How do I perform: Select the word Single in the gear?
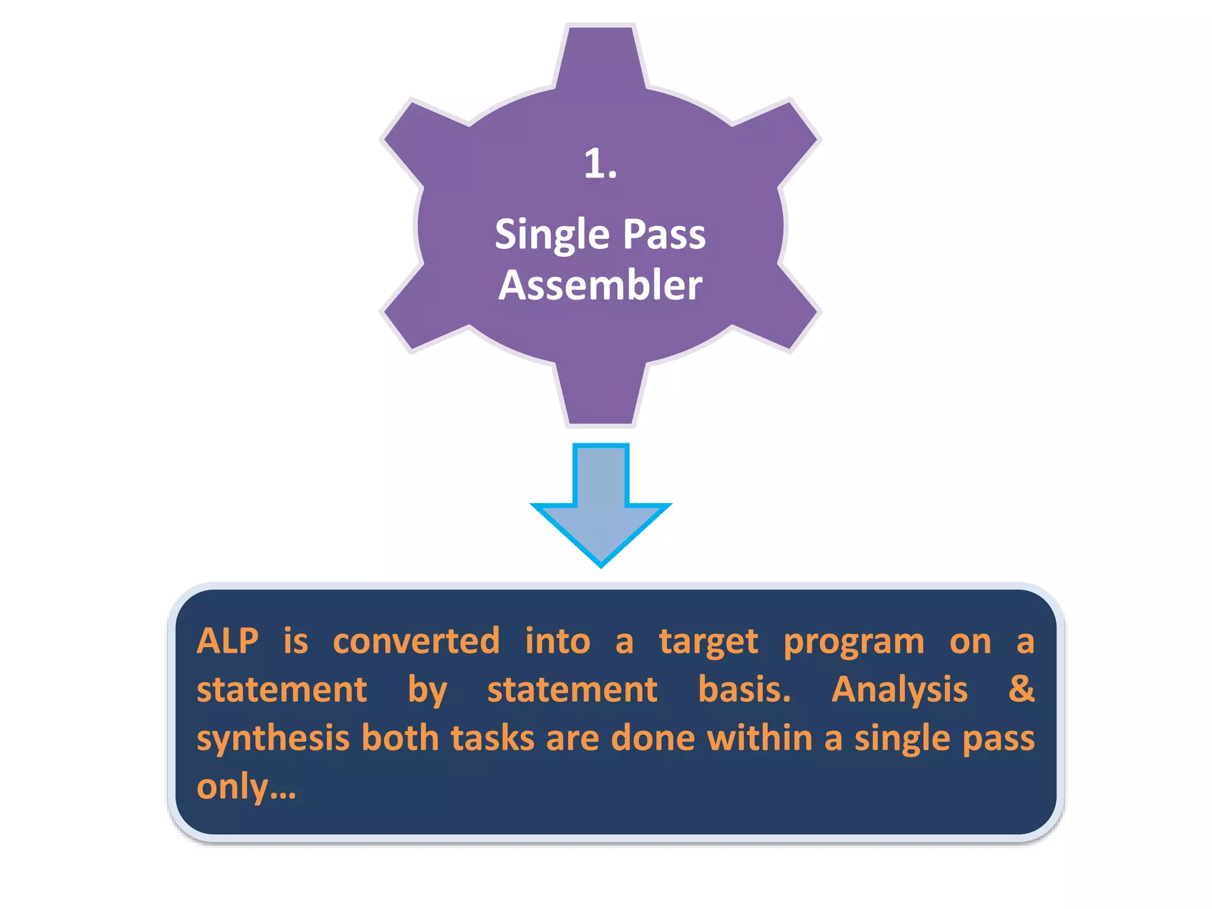pos(552,235)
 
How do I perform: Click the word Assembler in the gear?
pos(600,285)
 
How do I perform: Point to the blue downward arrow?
pos(601,503)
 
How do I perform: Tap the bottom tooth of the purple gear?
pos(600,394)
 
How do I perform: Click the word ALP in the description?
pos(228,641)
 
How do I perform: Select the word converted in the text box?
pos(416,641)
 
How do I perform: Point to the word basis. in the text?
pos(744,689)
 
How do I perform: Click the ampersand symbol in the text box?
pos(1021,689)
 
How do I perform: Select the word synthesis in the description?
pos(273,739)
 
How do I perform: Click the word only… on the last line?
pos(246,788)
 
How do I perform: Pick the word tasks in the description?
pos(492,738)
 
